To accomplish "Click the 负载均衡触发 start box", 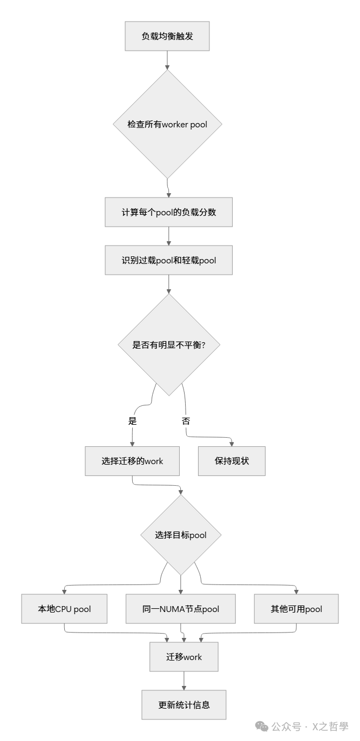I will tap(167, 36).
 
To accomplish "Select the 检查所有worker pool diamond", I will tap(167, 124).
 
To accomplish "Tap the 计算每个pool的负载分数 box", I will tap(168, 212).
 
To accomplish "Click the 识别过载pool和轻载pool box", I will tap(168, 260).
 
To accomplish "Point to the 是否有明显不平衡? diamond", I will tap(168, 345).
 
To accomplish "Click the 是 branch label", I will tap(132, 421).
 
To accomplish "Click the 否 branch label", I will tap(186, 421).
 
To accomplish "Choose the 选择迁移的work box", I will tap(132, 461).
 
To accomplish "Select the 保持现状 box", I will tap(232, 461).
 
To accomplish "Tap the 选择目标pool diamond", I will tap(180, 535).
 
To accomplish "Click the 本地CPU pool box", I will tap(64, 609).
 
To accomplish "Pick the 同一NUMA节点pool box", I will tap(180, 609).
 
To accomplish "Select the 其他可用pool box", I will tap(296, 609).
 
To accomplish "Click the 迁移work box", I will tap(184, 657).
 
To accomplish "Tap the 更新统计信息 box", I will tap(184, 705).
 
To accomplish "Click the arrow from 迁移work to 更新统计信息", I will tap(184, 680).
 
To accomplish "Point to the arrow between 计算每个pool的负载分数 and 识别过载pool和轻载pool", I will tap(168, 236).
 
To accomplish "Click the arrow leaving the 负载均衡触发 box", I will tap(167, 59).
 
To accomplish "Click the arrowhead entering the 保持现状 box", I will tap(232, 444).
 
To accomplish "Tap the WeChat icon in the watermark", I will tap(262, 726).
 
